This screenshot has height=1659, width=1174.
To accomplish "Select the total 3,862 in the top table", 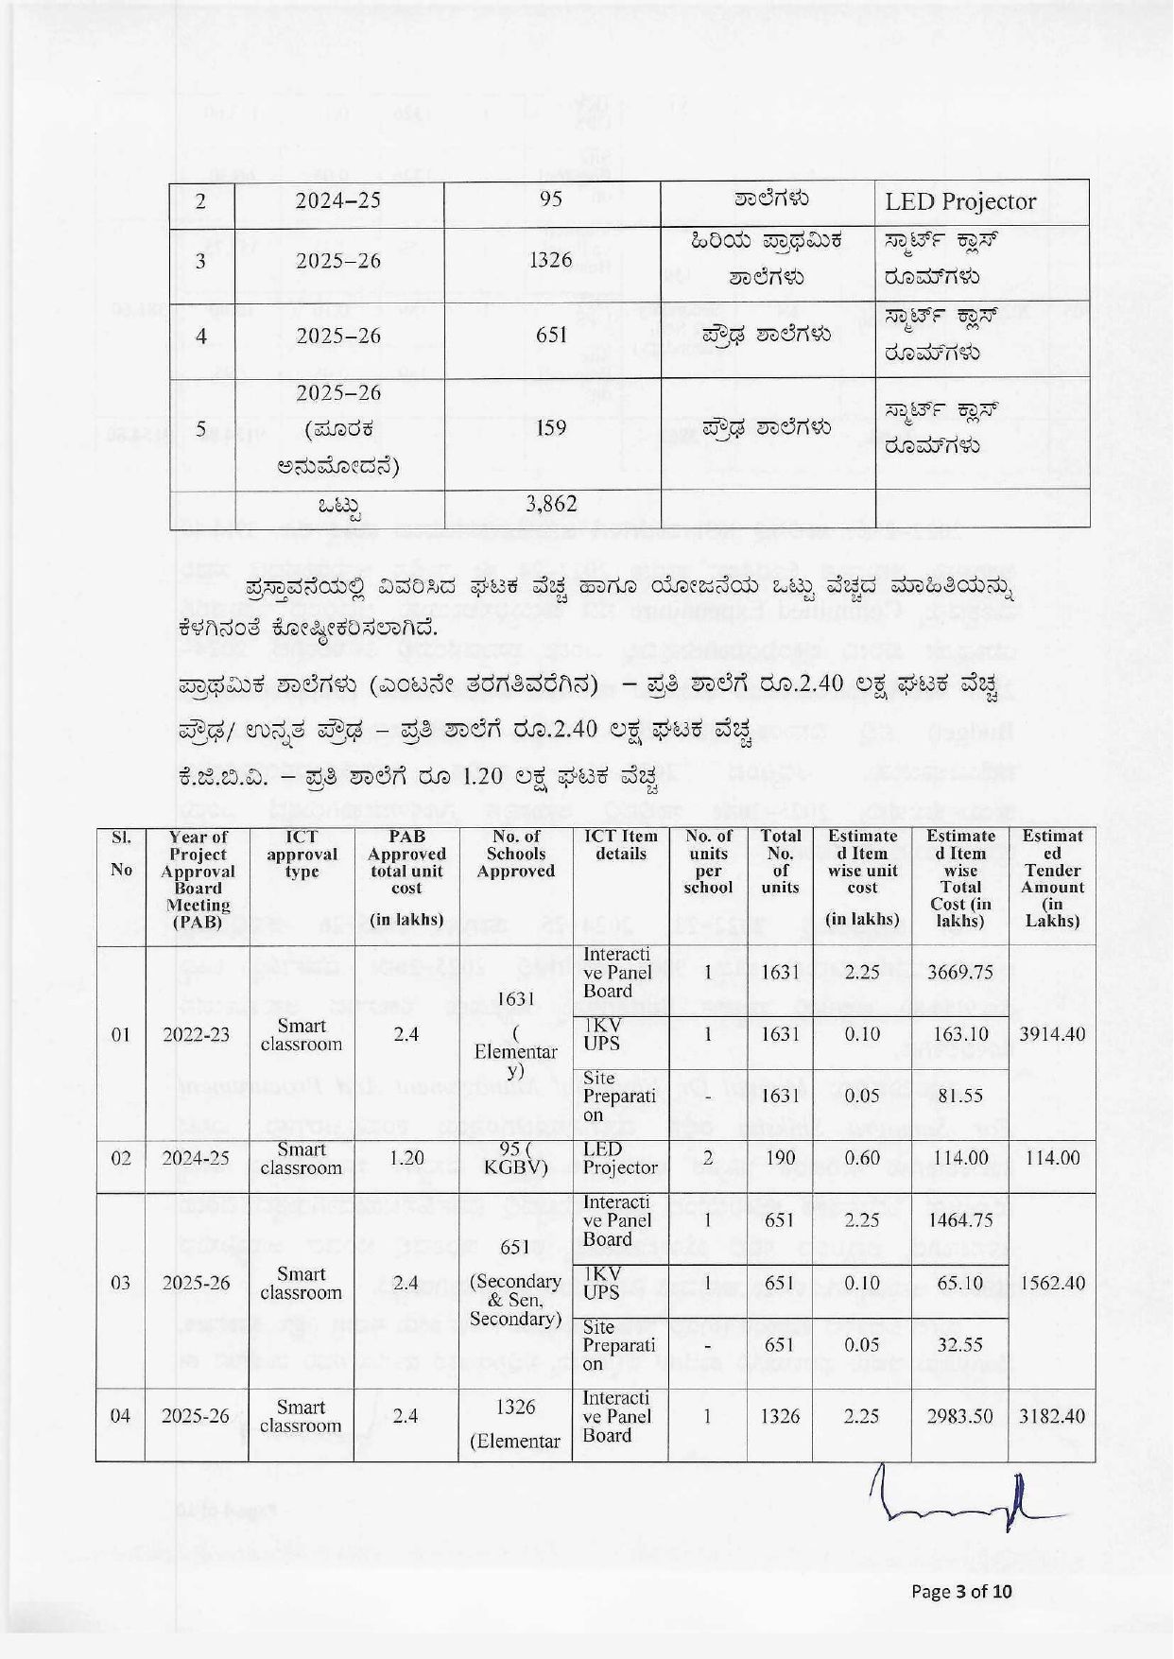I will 551,505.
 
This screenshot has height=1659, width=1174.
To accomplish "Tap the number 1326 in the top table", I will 551,260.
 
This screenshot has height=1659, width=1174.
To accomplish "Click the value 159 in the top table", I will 551,428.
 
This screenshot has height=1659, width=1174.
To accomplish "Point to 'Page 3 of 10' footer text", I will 960,1591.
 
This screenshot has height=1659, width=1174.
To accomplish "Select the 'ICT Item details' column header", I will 620,845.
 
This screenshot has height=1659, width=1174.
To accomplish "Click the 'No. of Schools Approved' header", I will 515,854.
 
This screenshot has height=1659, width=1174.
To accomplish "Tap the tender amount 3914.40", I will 1052,1034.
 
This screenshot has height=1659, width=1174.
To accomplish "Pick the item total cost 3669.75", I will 959,973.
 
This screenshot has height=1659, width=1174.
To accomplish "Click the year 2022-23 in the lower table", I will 196,1034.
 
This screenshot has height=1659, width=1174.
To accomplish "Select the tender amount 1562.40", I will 1052,1284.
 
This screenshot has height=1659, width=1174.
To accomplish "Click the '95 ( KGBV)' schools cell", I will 515,1158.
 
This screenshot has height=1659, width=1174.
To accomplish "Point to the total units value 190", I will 779,1158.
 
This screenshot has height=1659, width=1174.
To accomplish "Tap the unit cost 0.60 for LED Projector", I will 862,1158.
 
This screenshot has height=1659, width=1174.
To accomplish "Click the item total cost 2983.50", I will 959,1416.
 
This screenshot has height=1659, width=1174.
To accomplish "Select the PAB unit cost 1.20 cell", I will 406,1158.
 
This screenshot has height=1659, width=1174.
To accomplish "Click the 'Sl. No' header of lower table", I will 121,854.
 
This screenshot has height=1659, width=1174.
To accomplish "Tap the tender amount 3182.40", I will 1052,1416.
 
